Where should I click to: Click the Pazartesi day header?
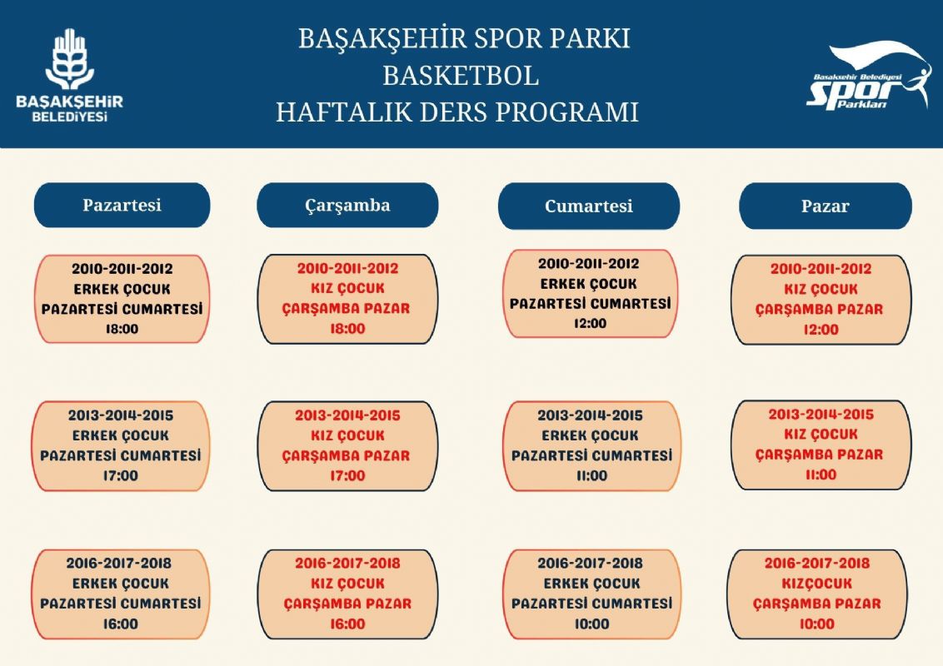[x=122, y=205]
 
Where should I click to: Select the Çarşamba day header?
[x=347, y=206]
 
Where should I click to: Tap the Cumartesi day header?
[x=589, y=206]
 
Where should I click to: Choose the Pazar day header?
[x=825, y=206]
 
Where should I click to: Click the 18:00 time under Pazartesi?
[x=122, y=329]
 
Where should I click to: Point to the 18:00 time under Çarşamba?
[x=347, y=329]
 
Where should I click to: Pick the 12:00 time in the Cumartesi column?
[x=590, y=323]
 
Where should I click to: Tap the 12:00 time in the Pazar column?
[x=821, y=330]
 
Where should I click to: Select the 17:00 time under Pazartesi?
[x=122, y=476]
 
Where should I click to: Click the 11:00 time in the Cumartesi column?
[x=591, y=476]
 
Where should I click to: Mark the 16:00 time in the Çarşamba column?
[x=347, y=624]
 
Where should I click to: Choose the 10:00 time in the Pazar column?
[x=816, y=624]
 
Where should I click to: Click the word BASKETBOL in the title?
[x=461, y=76]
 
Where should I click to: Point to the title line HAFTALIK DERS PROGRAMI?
[x=457, y=112]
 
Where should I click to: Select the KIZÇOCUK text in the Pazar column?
[x=816, y=584]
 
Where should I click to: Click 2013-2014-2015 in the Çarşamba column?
[x=347, y=415]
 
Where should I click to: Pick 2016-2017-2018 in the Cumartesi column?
[x=591, y=564]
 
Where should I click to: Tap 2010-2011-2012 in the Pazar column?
[x=821, y=269]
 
